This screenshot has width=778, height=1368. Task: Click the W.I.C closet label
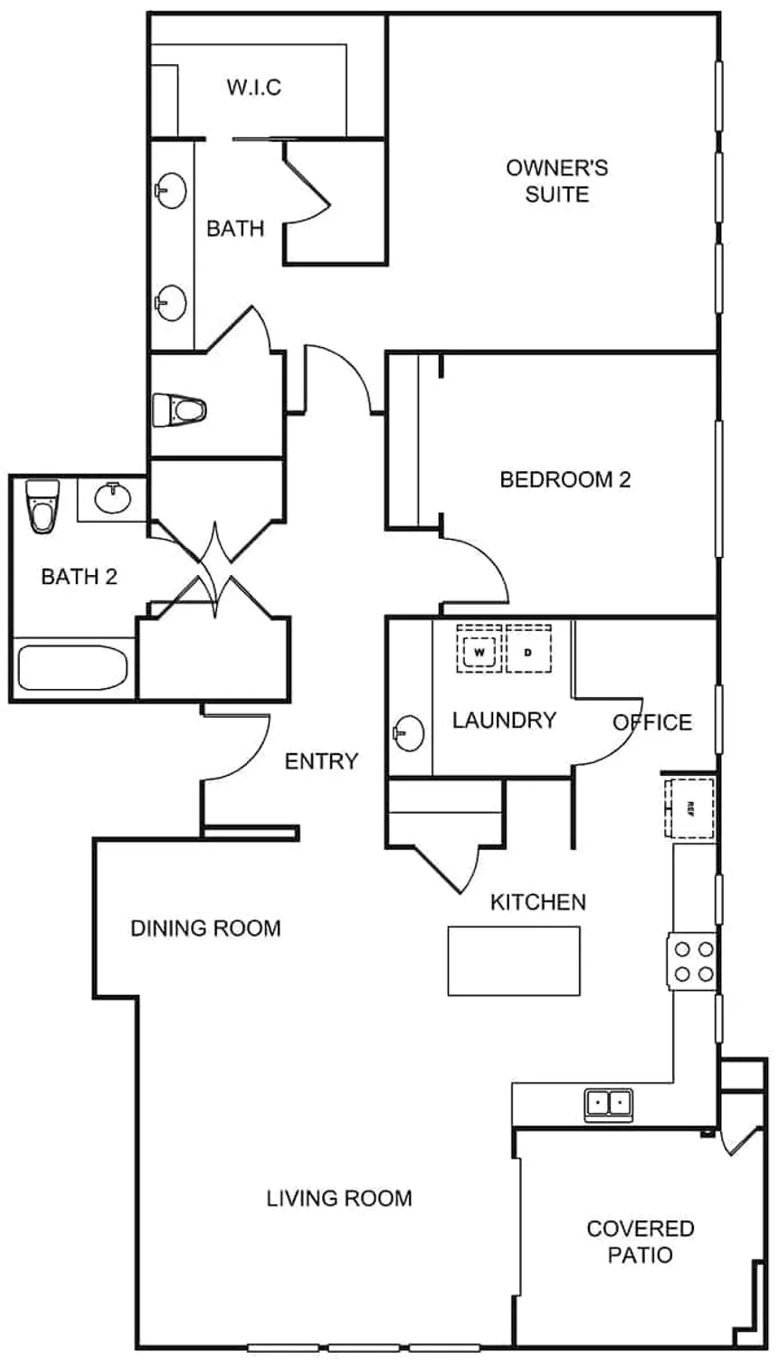click(253, 88)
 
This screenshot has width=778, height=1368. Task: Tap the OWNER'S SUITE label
click(556, 181)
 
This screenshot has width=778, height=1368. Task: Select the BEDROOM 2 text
click(565, 479)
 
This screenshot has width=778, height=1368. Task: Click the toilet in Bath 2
click(42, 505)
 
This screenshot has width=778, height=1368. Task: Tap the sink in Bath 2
click(112, 496)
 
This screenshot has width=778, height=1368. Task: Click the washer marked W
click(479, 649)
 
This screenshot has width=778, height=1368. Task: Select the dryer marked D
click(528, 649)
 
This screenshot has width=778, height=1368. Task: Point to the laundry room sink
click(410, 731)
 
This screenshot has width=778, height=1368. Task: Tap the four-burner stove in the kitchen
click(693, 961)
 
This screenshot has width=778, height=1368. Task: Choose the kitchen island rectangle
click(514, 960)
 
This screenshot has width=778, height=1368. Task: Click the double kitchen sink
click(609, 1103)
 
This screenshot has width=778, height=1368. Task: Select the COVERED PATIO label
click(640, 1241)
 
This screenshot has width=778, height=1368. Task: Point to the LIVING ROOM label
click(339, 1198)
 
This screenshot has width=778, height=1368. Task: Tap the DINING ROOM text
click(205, 928)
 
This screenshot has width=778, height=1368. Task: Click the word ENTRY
click(321, 761)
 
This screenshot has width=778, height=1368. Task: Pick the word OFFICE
click(652, 722)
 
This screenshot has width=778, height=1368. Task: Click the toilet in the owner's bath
click(180, 410)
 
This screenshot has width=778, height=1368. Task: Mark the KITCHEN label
click(537, 901)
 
